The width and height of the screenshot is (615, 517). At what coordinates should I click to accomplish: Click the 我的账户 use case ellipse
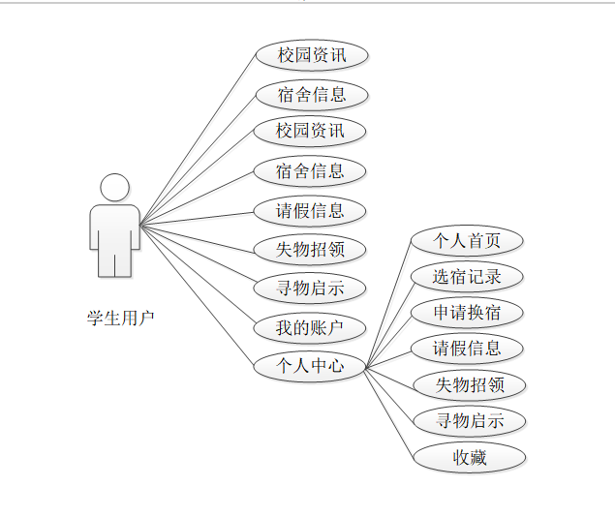click(x=310, y=327)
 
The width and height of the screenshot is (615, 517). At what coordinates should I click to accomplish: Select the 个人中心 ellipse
click(x=310, y=366)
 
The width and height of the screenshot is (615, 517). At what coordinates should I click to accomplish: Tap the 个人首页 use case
click(x=467, y=240)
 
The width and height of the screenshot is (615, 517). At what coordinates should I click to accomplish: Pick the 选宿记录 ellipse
click(x=467, y=276)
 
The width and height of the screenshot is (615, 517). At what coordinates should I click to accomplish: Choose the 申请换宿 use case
click(x=467, y=312)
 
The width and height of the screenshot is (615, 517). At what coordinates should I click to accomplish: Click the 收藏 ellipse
click(x=470, y=457)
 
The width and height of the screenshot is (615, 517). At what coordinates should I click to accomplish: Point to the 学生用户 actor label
click(x=121, y=318)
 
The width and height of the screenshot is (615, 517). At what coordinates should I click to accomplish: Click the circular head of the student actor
click(x=114, y=187)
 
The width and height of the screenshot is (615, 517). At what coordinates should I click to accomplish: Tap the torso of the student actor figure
click(x=114, y=228)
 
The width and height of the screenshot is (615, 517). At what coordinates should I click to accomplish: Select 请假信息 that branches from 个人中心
click(x=467, y=349)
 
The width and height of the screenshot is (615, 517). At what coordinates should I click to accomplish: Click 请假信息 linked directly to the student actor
click(x=310, y=211)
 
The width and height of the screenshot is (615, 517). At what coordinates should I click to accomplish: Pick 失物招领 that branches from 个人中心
click(x=470, y=384)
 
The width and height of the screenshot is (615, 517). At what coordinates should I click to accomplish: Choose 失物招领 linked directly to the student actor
click(x=310, y=250)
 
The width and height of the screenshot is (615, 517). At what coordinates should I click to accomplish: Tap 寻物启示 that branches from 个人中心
click(x=470, y=421)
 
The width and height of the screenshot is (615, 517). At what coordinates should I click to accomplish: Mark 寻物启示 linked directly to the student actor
click(x=310, y=288)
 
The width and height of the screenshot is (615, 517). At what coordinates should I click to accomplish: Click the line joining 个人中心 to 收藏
click(x=389, y=411)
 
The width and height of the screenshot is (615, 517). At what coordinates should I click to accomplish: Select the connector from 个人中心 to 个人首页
click(x=387, y=303)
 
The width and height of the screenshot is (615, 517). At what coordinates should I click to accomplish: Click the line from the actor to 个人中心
click(x=199, y=296)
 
